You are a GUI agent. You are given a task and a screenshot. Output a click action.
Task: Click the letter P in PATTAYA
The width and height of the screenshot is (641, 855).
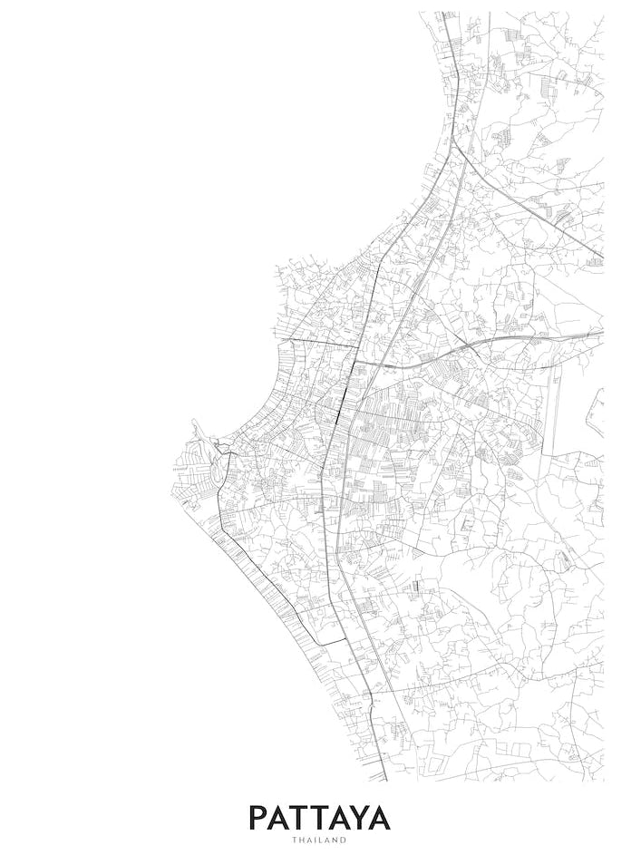point(260,817)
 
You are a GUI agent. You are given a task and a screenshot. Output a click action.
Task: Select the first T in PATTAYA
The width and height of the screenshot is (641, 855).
point(306,817)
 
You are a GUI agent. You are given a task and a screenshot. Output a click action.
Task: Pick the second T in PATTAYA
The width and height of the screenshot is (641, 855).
point(327,817)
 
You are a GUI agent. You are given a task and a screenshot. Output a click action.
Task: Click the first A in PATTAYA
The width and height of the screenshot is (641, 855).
point(283,817)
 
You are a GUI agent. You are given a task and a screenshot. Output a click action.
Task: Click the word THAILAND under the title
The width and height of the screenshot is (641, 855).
point(319,840)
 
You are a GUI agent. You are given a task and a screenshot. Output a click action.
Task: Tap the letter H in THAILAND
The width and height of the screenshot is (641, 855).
point(301,840)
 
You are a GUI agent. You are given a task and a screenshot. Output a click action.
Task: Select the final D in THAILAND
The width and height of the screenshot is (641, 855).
point(344,840)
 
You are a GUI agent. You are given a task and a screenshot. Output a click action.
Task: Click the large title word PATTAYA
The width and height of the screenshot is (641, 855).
point(319,817)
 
